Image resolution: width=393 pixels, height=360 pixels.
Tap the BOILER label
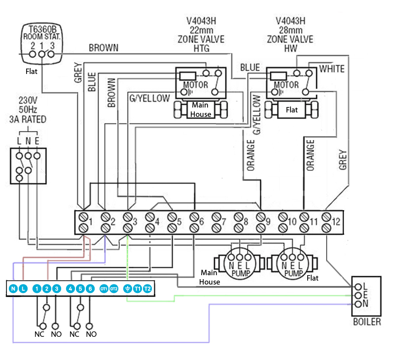367,322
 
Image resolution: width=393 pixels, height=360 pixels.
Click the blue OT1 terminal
103,288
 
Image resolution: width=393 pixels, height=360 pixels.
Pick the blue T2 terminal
147,288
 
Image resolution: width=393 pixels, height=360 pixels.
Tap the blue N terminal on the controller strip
13,288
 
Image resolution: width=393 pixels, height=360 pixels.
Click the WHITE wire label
332,69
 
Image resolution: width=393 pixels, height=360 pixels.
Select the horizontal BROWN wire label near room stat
104,48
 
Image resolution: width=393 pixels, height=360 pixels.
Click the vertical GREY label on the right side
343,159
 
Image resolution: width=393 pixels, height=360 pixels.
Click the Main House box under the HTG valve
200,109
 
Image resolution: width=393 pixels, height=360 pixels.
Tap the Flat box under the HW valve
291,109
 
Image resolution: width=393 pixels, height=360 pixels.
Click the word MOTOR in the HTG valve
196,85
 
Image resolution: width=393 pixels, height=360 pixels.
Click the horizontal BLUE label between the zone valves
250,67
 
